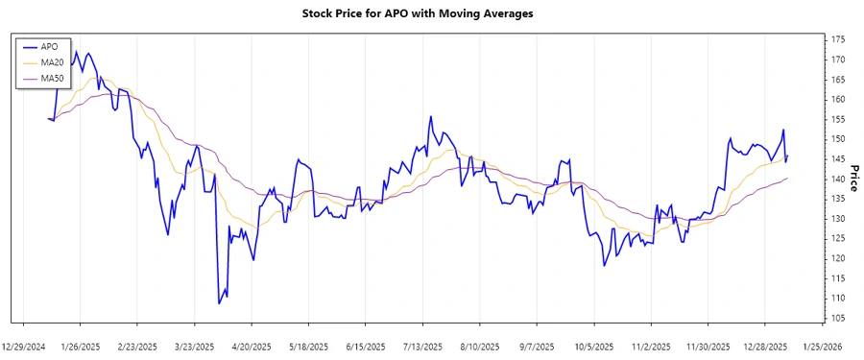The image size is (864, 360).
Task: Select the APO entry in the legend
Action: [x=48, y=45]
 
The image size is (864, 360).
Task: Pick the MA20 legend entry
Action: [x=52, y=61]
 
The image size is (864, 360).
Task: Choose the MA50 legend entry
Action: [x=52, y=78]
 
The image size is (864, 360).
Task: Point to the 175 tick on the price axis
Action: [x=838, y=39]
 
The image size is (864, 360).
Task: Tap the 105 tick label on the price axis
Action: [x=838, y=318]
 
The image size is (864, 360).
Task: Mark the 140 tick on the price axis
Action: [x=838, y=179]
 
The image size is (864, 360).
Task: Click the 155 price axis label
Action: [x=838, y=119]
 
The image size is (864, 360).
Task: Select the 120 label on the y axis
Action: [x=838, y=258]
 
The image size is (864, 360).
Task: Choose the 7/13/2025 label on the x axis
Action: [x=423, y=346]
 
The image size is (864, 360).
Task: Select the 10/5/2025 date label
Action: [x=594, y=346]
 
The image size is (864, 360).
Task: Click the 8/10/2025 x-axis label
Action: [x=480, y=346]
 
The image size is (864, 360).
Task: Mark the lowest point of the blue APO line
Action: [x=219, y=303]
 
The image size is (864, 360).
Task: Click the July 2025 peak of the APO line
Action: [x=430, y=116]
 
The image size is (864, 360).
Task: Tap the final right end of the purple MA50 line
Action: [x=787, y=178]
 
